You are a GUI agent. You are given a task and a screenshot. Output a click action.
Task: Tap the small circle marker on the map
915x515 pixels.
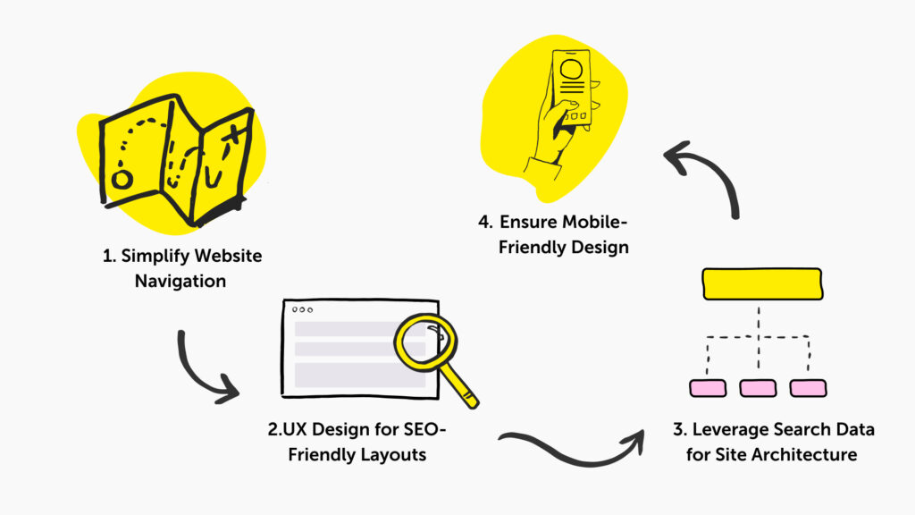(x=122, y=180)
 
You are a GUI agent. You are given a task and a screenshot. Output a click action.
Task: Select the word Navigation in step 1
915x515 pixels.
(x=180, y=282)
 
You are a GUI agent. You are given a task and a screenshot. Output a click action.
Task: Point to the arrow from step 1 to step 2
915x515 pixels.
(x=206, y=370)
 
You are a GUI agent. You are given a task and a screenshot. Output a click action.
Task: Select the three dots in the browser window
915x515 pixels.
(x=303, y=310)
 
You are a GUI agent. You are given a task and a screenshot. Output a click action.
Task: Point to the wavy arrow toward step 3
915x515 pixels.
(x=572, y=447)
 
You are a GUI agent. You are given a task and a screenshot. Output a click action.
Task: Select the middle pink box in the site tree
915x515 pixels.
(x=758, y=388)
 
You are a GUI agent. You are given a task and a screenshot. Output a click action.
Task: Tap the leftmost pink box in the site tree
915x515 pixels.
(x=708, y=388)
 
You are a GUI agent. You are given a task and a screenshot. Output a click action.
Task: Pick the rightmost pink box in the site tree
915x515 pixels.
(x=808, y=388)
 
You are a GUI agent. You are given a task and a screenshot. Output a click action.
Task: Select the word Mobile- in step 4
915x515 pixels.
(x=595, y=221)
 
